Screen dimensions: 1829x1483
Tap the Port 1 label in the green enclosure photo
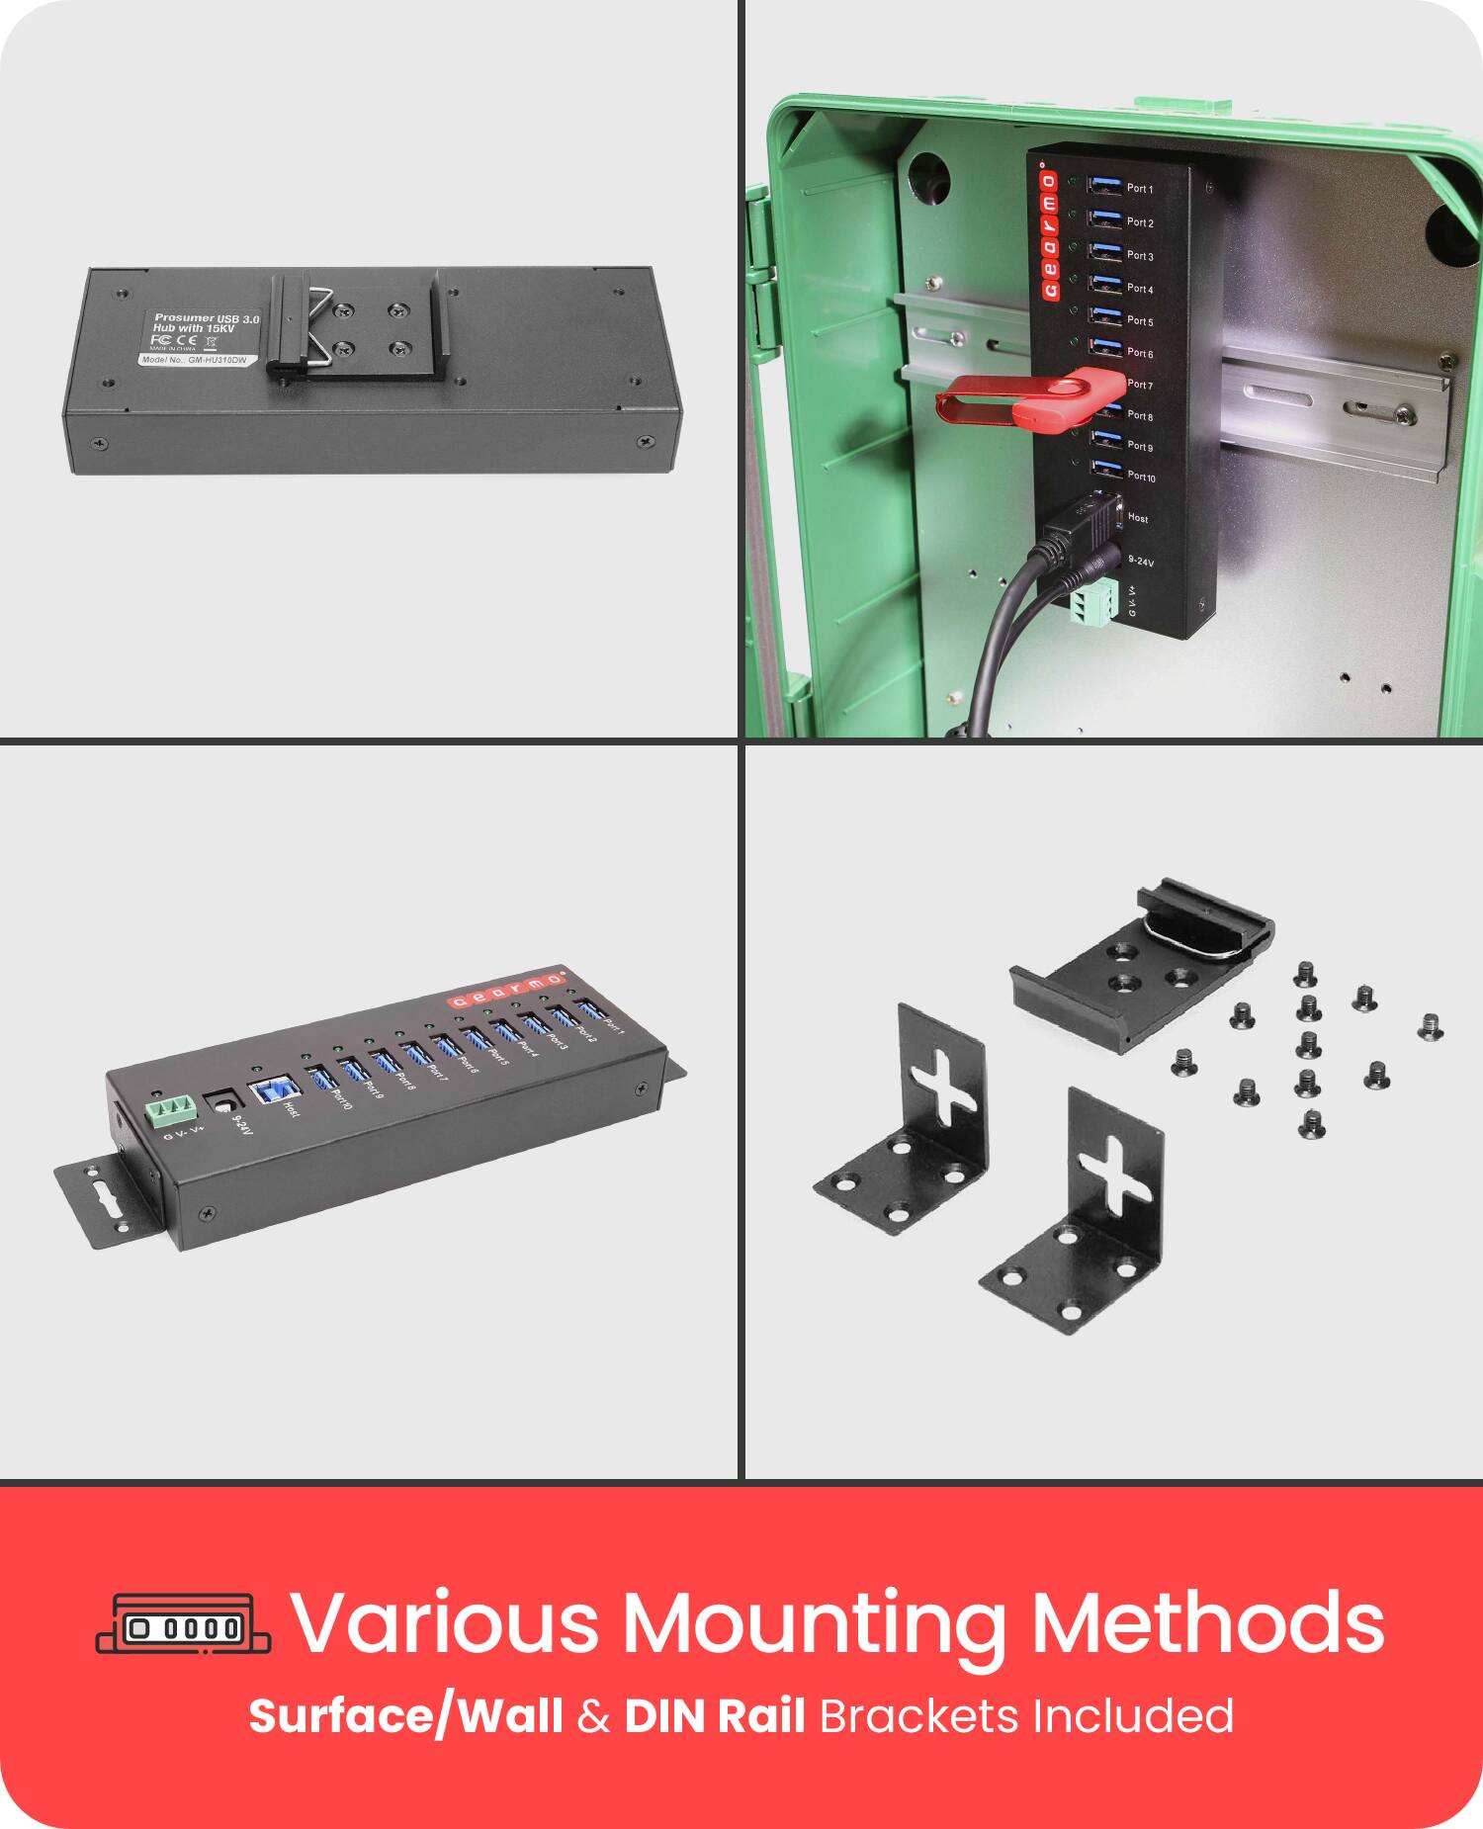pos(1140,189)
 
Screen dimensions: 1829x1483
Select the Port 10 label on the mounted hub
pos(1141,477)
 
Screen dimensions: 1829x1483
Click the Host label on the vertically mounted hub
pos(1138,518)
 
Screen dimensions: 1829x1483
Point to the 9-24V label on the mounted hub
pos(1140,562)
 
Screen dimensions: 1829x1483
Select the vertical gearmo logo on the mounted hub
pos(1049,235)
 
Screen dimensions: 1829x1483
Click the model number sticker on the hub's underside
pos(194,361)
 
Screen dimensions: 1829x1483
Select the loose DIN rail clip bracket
pos(1142,964)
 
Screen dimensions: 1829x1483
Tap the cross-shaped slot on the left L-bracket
pos(944,1095)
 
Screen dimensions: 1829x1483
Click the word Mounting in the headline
pos(814,1622)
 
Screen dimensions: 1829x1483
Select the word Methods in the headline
pos(1207,1622)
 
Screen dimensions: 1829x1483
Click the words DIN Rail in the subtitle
pos(715,1715)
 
